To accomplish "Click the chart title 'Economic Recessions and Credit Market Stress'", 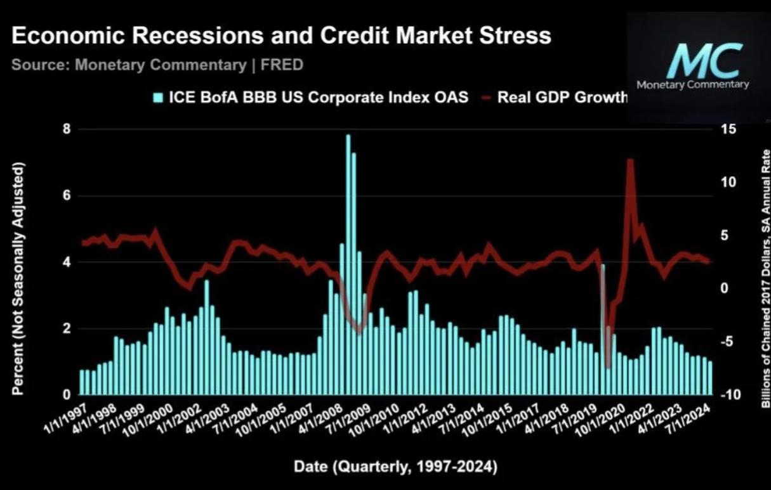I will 281,35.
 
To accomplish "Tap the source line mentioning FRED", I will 157,65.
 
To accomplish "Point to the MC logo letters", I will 704,61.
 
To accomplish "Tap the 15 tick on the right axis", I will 728,129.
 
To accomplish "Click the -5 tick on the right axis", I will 728,342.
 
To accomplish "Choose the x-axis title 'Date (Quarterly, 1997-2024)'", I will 395,468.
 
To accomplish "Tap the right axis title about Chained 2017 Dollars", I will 765,279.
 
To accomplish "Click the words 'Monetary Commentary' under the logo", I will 692,84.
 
